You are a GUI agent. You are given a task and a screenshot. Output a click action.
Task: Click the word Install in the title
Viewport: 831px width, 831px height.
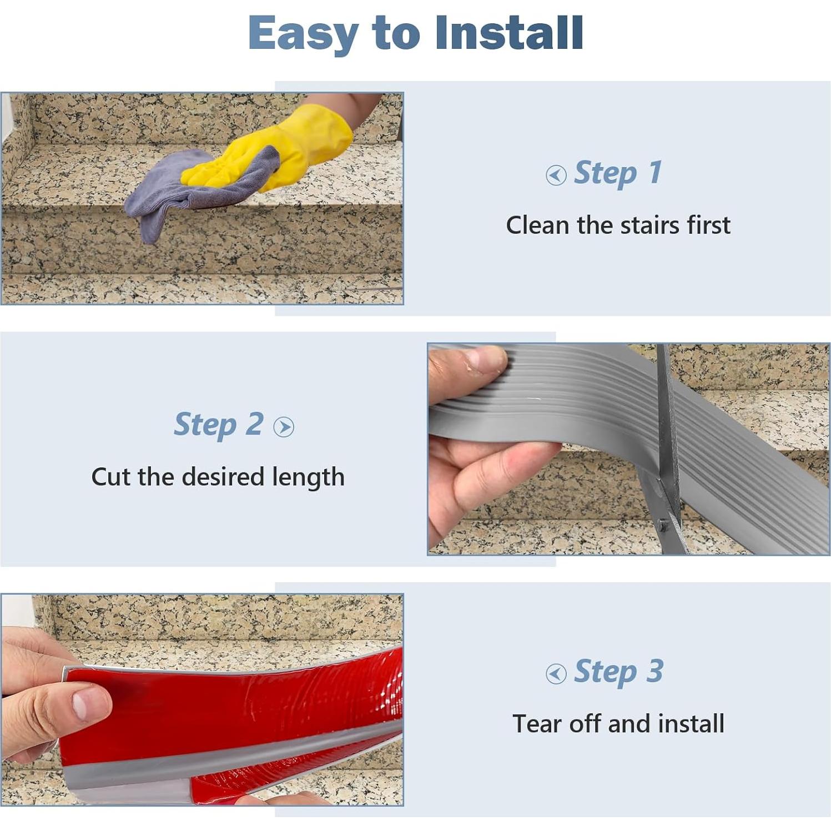(x=508, y=33)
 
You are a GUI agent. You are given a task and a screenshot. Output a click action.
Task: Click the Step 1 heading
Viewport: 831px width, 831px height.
(x=617, y=173)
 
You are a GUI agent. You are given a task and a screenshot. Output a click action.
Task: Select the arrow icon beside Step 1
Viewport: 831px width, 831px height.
(x=556, y=175)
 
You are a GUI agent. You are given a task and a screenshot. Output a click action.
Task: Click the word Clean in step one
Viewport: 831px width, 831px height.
(x=537, y=225)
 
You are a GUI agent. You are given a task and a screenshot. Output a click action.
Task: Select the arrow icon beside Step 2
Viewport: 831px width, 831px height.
(x=284, y=427)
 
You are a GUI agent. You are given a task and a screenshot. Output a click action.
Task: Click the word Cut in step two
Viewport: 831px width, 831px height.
(x=111, y=477)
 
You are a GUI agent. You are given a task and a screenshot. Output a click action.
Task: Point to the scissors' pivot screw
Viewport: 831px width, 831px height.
(x=662, y=524)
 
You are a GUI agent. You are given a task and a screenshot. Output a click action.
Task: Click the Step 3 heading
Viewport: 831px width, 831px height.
(x=618, y=671)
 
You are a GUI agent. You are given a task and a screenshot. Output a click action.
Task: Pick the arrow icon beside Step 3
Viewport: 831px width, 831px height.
(x=556, y=674)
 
